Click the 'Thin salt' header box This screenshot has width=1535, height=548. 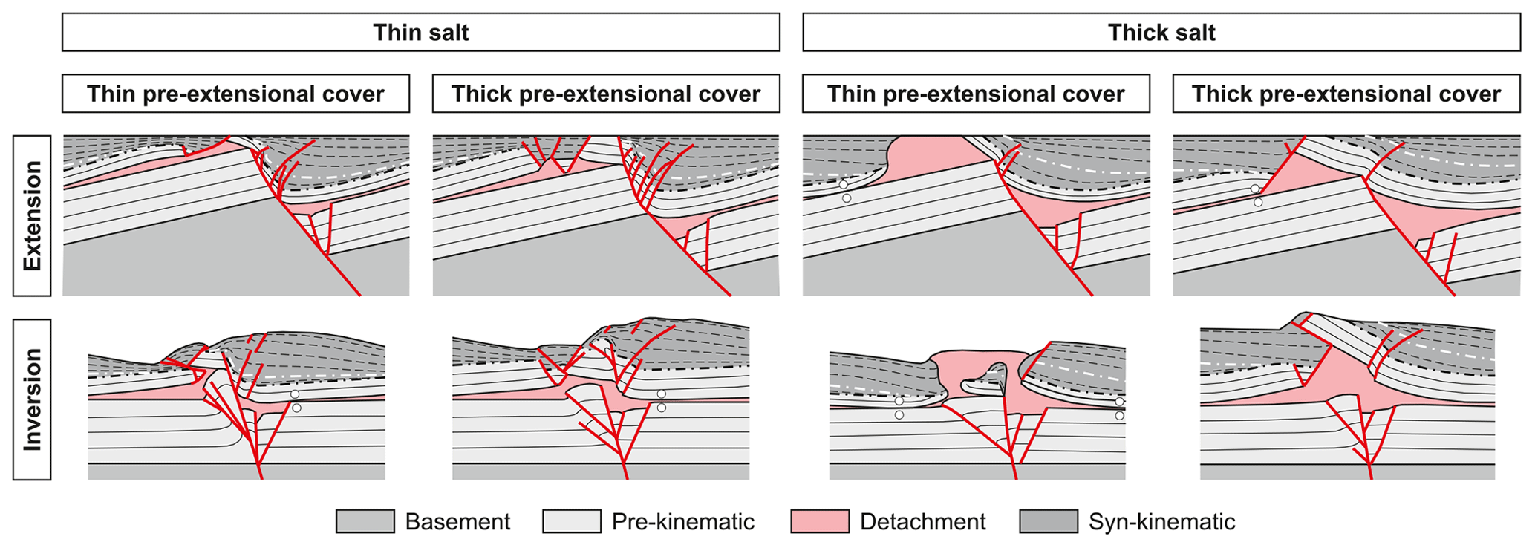click(x=420, y=33)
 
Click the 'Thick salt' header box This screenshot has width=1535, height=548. click(x=1161, y=33)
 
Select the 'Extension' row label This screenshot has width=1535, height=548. click(x=32, y=215)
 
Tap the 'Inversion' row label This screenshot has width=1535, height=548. click(x=32, y=399)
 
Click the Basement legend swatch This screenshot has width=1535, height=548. click(x=365, y=521)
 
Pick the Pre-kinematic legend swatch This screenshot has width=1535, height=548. click(x=571, y=521)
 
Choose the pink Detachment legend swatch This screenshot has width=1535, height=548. click(x=820, y=521)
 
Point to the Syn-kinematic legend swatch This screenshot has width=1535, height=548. click(x=1049, y=521)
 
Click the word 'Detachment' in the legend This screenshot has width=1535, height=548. click(x=922, y=522)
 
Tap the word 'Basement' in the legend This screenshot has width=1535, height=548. click(x=457, y=522)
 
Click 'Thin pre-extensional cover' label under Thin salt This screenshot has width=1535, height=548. click(x=235, y=94)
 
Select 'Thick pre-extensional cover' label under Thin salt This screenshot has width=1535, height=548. click(x=606, y=94)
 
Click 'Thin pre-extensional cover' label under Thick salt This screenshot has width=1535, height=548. click(x=976, y=94)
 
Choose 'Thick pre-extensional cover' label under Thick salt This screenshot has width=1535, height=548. click(x=1346, y=94)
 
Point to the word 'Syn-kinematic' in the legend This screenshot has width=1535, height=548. click(x=1161, y=522)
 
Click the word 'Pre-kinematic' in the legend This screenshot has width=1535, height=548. click(x=682, y=522)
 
